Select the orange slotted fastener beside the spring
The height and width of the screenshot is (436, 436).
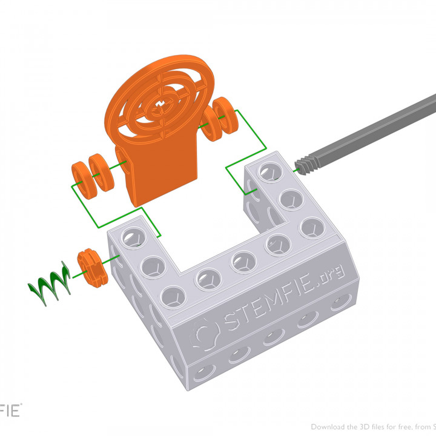click(x=91, y=267)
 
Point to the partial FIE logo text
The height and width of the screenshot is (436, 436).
click(x=10, y=411)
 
